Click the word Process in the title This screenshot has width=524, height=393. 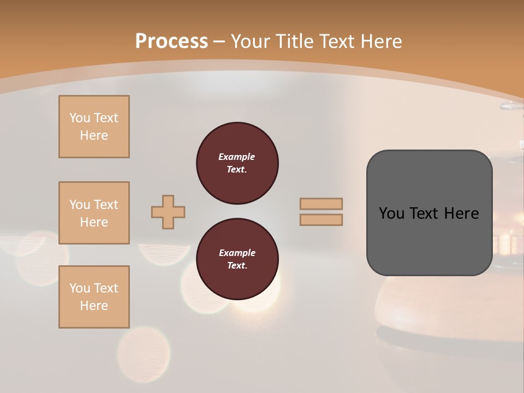click(x=171, y=41)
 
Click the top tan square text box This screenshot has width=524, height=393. click(x=94, y=127)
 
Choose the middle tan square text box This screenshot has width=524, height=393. click(x=94, y=213)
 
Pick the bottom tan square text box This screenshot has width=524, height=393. click(x=94, y=297)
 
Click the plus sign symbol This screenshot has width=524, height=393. click(x=168, y=212)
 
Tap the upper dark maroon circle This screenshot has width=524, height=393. click(x=237, y=163)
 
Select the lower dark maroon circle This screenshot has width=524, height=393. click(x=237, y=259)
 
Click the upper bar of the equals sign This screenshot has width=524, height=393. click(x=321, y=204)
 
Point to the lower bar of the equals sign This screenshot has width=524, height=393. click(x=321, y=219)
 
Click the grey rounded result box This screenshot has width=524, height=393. click(x=429, y=213)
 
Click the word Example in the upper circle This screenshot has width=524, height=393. click(x=237, y=157)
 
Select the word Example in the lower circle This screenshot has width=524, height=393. click(x=237, y=253)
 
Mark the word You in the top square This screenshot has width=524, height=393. click(x=79, y=118)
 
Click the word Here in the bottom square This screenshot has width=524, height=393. click(x=94, y=306)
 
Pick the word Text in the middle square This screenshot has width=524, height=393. click(x=105, y=205)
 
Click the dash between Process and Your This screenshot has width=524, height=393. click(x=219, y=41)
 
